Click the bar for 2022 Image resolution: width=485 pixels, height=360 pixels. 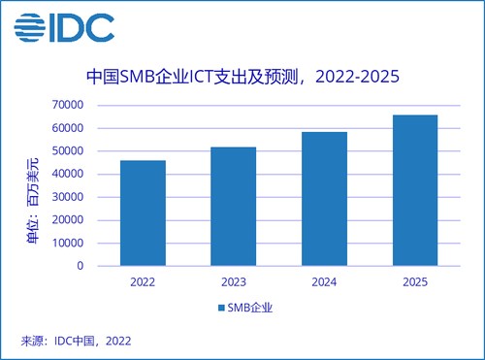tap(143, 213)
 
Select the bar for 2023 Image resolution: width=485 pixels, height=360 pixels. tap(234, 207)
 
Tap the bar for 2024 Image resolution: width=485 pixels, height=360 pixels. tap(324, 199)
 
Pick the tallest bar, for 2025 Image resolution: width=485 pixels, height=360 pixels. tap(415, 190)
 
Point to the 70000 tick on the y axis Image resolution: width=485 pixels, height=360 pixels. tap(68, 105)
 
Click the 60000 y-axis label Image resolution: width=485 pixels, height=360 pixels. tap(68, 128)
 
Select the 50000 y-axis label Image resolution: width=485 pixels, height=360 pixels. tap(68, 151)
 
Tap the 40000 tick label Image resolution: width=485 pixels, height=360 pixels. tap(68, 174)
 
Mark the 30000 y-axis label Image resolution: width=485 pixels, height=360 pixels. tap(68, 197)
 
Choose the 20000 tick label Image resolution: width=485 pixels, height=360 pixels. tap(68, 220)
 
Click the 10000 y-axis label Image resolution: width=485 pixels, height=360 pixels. tap(68, 243)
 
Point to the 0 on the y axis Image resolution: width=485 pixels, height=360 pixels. tap(81, 266)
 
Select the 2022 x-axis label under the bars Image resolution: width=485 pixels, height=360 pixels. tap(143, 282)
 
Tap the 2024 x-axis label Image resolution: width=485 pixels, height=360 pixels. tap(324, 282)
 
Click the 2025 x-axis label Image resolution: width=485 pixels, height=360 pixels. tap(415, 282)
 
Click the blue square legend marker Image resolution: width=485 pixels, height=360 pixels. tap(221, 308)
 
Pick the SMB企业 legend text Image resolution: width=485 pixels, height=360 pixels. tap(250, 308)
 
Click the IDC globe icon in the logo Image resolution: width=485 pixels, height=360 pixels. tap(29, 27)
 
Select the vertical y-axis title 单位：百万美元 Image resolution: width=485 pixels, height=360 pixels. tap(33, 201)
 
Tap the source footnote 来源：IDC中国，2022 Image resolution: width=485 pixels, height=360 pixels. tap(76, 341)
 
